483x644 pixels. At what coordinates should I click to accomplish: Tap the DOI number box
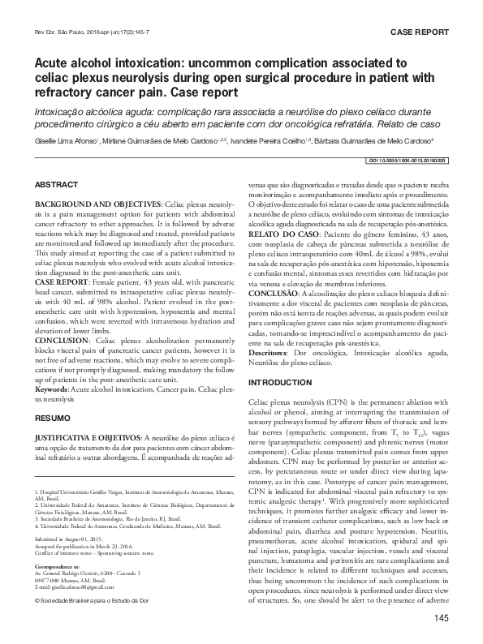[x=402, y=160]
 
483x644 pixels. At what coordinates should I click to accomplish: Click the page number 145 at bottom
[x=441, y=620]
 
